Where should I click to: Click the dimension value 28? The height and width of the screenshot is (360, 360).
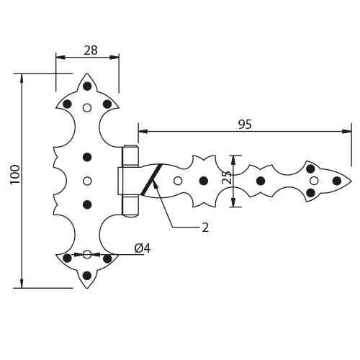pyautogui.click(x=91, y=50)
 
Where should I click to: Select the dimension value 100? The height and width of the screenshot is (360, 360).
pyautogui.click(x=16, y=174)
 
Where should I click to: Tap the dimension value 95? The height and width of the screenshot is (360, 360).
pyautogui.click(x=245, y=125)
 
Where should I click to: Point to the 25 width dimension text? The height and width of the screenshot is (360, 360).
pyautogui.click(x=227, y=177)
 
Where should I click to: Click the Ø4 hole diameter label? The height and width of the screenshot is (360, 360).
pyautogui.click(x=143, y=248)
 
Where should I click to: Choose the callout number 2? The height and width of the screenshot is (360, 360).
pyautogui.click(x=205, y=228)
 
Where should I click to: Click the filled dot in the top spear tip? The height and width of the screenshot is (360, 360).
pyautogui.click(x=87, y=86)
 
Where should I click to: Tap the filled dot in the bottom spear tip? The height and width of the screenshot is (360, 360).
pyautogui.click(x=87, y=276)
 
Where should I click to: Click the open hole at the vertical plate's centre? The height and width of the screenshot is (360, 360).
pyautogui.click(x=87, y=181)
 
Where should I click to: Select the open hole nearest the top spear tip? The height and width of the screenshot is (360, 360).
pyautogui.click(x=87, y=108)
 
